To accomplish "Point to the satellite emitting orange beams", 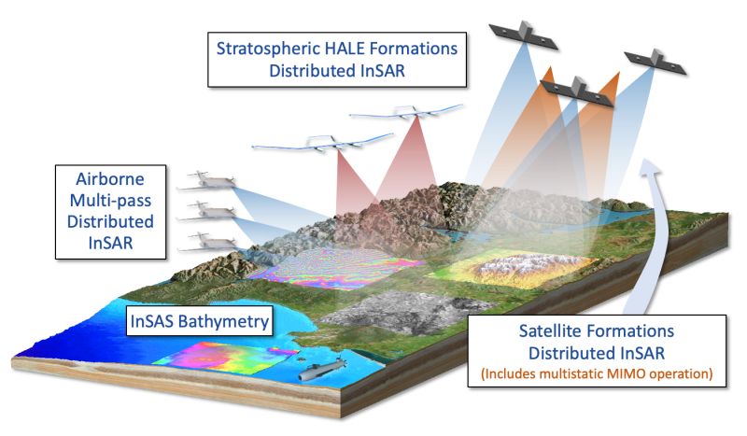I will click(x=573, y=89).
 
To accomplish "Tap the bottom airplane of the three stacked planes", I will click(x=206, y=242).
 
